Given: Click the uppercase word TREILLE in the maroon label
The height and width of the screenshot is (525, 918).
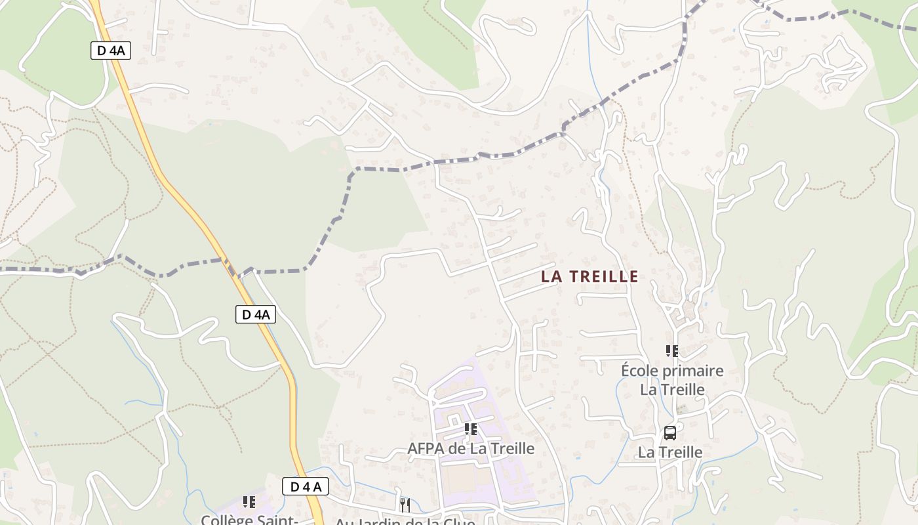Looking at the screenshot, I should pyautogui.click(x=603, y=276).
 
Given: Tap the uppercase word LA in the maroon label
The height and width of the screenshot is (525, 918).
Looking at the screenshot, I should pyautogui.click(x=551, y=276).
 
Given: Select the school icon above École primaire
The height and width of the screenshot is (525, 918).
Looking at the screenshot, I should pyautogui.click(x=671, y=351).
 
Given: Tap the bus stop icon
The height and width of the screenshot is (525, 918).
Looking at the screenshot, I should pyautogui.click(x=670, y=433).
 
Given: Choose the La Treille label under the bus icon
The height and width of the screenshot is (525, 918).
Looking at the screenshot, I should pyautogui.click(x=670, y=452).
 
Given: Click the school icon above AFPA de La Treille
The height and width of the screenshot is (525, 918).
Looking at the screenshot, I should pyautogui.click(x=470, y=429).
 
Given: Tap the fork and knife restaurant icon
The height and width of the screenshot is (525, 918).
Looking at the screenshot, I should pyautogui.click(x=405, y=504).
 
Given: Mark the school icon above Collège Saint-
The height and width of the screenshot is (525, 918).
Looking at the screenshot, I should pyautogui.click(x=249, y=502).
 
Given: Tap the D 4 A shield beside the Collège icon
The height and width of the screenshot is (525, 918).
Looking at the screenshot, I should pyautogui.click(x=306, y=486).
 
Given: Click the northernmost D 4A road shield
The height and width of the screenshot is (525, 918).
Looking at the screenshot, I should pyautogui.click(x=111, y=51).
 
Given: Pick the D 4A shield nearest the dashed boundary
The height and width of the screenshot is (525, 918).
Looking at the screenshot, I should pyautogui.click(x=256, y=315).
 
